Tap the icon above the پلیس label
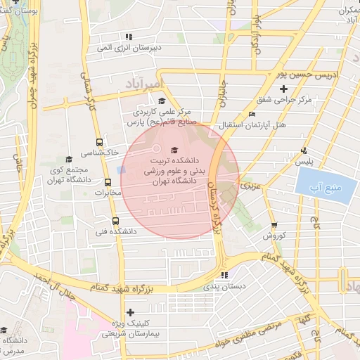point(304,150)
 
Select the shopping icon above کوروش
point(274,226)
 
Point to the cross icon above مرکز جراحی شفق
point(283,89)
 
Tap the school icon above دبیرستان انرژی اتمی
point(128,37)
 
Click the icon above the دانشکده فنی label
point(105,220)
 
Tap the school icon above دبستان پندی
point(224,275)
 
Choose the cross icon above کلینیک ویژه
point(129,311)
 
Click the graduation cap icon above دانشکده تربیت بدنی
point(174,150)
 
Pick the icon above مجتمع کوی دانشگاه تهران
point(68,160)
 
